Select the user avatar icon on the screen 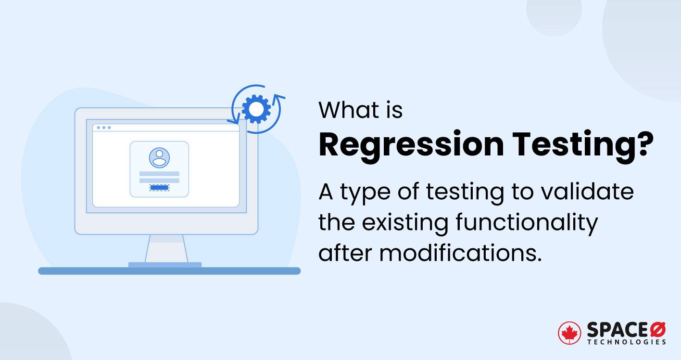(x=159, y=157)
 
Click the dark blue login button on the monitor (x=159, y=187)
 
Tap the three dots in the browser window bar (x=103, y=128)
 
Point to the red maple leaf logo (x=569, y=333)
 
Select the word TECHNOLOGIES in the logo (x=627, y=342)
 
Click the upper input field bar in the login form (x=159, y=174)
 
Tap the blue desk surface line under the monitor (x=169, y=271)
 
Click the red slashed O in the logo (x=658, y=330)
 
